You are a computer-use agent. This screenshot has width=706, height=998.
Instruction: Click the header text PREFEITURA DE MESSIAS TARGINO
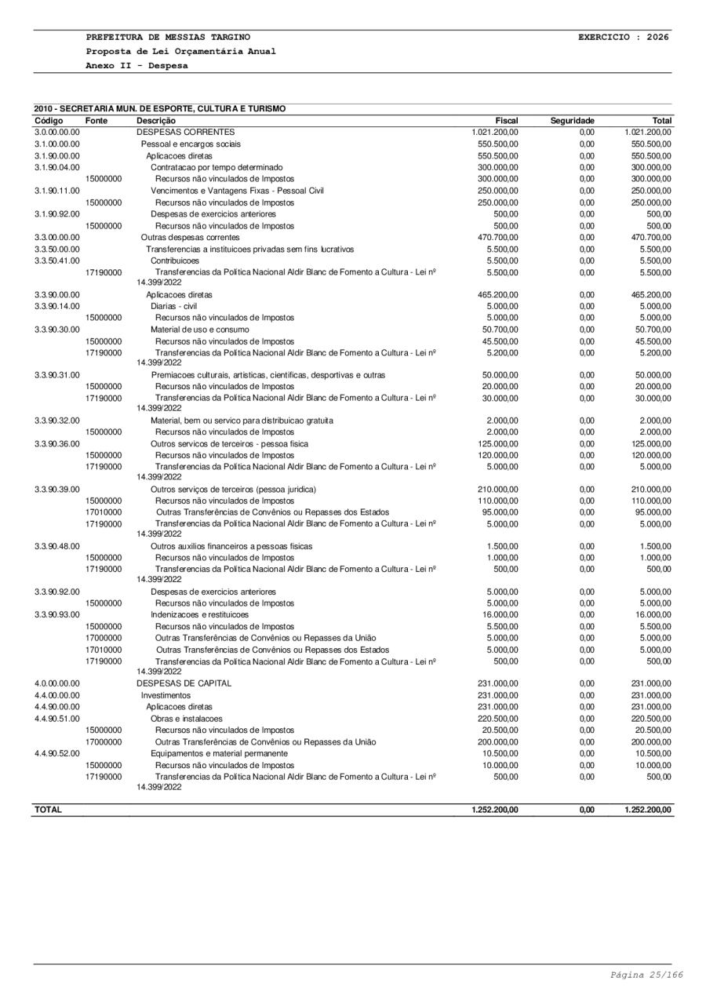tap(169, 37)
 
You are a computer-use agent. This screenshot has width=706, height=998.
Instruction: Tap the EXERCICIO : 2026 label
tap(624, 37)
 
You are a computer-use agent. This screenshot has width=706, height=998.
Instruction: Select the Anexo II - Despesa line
tap(137, 66)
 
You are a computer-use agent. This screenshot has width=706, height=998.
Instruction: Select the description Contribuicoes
tap(175, 260)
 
